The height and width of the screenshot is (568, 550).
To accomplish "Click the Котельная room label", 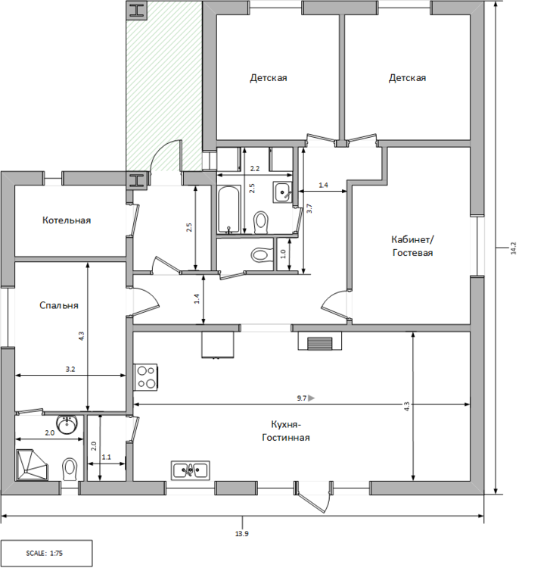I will tap(67, 220).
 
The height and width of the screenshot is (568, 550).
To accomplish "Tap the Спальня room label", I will tap(59, 306).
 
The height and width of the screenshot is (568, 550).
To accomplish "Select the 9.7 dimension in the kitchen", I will tap(301, 398).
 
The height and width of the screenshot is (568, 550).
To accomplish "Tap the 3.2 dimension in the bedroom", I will tap(70, 370).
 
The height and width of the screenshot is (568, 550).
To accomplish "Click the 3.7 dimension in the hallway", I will tap(309, 210).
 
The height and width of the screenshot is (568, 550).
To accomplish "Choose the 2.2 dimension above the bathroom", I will tap(255, 168).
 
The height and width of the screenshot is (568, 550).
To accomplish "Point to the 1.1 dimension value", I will tap(106, 457).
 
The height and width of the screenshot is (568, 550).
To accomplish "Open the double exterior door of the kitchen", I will tap(314, 496).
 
